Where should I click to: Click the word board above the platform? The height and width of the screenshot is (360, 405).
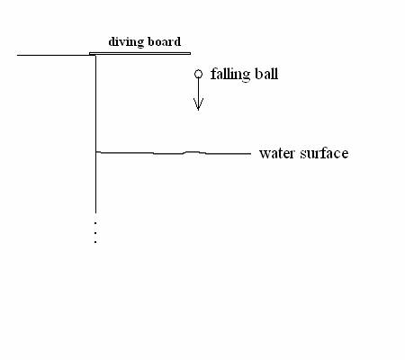[162, 41]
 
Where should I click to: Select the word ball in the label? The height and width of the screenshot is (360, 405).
[266, 74]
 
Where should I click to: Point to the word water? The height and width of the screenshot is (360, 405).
[276, 154]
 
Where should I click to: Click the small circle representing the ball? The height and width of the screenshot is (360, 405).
[198, 74]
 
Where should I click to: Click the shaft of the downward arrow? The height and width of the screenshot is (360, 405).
[198, 94]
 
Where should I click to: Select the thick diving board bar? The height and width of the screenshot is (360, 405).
[139, 53]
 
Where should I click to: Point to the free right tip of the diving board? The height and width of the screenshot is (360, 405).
[190, 53]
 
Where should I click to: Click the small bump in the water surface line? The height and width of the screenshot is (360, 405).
[193, 152]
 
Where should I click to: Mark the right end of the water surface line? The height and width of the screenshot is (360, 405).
[251, 154]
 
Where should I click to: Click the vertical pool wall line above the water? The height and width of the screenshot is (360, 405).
[95, 103]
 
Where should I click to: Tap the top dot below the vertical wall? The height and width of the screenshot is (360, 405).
[95, 222]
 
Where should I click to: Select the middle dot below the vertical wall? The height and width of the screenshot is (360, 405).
[95, 232]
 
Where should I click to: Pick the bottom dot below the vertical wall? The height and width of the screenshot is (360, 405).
[95, 242]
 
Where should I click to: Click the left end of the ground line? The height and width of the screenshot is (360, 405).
[17, 55]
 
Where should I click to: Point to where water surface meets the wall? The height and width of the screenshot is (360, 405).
[96, 152]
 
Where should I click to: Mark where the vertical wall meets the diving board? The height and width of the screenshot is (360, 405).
[95, 55]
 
